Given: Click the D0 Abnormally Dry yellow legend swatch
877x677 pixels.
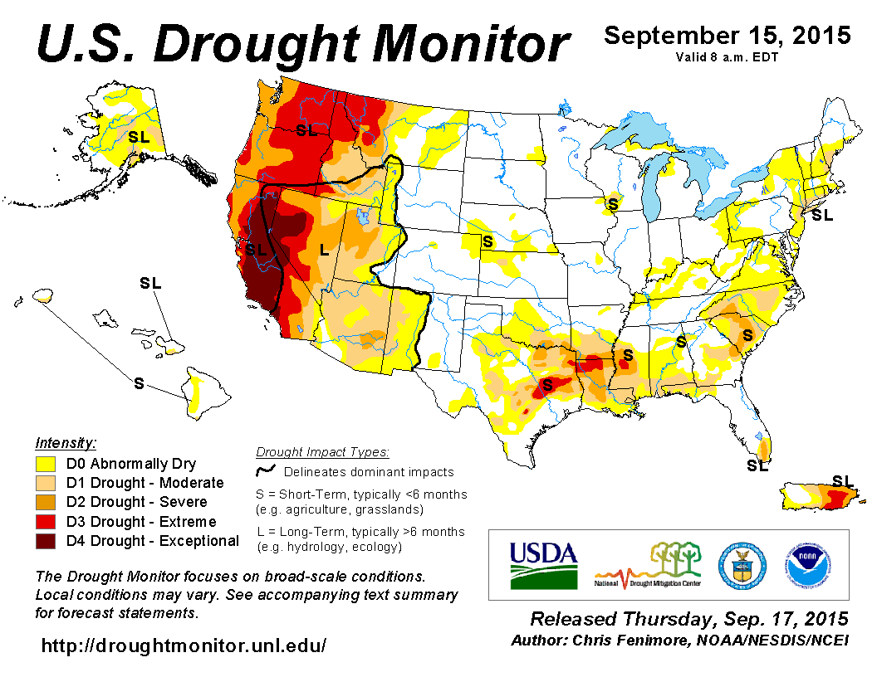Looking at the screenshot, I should (46, 464).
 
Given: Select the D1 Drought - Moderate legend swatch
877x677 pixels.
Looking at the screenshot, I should (46, 483).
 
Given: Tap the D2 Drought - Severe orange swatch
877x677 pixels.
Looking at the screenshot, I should (46, 502).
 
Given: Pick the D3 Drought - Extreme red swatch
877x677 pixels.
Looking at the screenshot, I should (46, 522).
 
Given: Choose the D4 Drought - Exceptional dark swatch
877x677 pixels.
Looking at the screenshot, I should (46, 541).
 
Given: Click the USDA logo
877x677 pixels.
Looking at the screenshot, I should (542, 565).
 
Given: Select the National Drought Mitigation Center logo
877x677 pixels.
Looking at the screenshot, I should (649, 565).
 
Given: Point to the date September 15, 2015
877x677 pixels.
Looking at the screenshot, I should (727, 36).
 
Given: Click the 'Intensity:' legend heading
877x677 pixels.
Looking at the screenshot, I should (66, 442).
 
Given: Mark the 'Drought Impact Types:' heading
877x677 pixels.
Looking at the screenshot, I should (322, 452).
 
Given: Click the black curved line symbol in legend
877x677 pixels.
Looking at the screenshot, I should (265, 471).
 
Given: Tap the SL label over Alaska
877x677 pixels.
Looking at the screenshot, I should (139, 137).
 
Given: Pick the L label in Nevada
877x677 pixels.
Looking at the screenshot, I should (324, 248).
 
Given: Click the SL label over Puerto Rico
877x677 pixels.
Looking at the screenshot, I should (842, 480).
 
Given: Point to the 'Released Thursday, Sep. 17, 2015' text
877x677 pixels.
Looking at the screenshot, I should (689, 619).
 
